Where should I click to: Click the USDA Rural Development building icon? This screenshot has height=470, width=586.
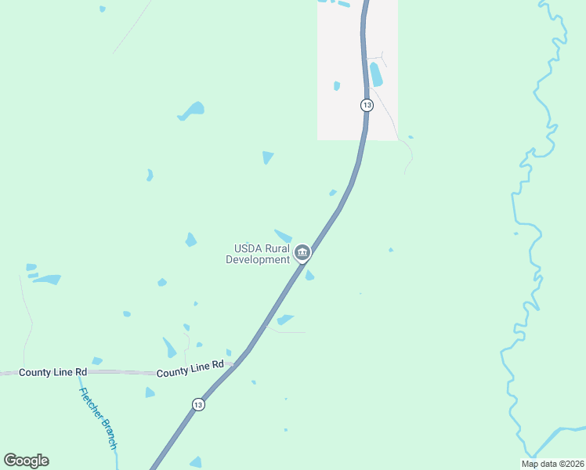[302, 253]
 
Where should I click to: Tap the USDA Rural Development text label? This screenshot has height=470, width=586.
[258, 254]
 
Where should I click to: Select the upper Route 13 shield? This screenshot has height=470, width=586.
[366, 105]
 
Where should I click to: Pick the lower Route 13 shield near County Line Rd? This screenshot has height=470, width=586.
[198, 404]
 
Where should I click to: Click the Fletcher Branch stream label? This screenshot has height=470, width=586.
[98, 418]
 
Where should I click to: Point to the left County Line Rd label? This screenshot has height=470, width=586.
[45, 372]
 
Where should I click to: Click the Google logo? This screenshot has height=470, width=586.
[26, 461]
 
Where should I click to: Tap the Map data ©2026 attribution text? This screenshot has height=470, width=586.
[552, 464]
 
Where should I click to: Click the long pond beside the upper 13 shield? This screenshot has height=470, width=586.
[376, 74]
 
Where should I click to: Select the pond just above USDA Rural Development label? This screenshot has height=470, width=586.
[283, 236]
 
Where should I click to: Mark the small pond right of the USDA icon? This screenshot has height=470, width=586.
[309, 275]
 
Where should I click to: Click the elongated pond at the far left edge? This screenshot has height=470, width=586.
[47, 279]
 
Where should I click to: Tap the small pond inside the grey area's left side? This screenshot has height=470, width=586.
[337, 86]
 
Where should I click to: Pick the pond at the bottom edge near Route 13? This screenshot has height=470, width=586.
[196, 463]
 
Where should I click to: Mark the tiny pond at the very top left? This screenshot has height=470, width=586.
[102, 9]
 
